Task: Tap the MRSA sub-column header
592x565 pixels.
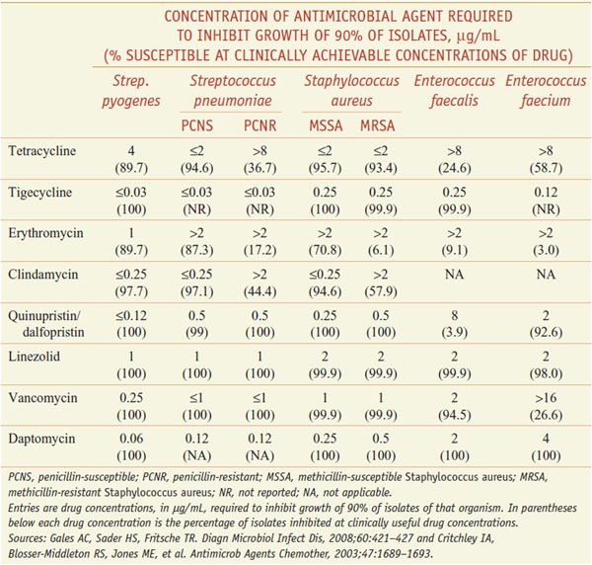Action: click(x=377, y=126)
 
